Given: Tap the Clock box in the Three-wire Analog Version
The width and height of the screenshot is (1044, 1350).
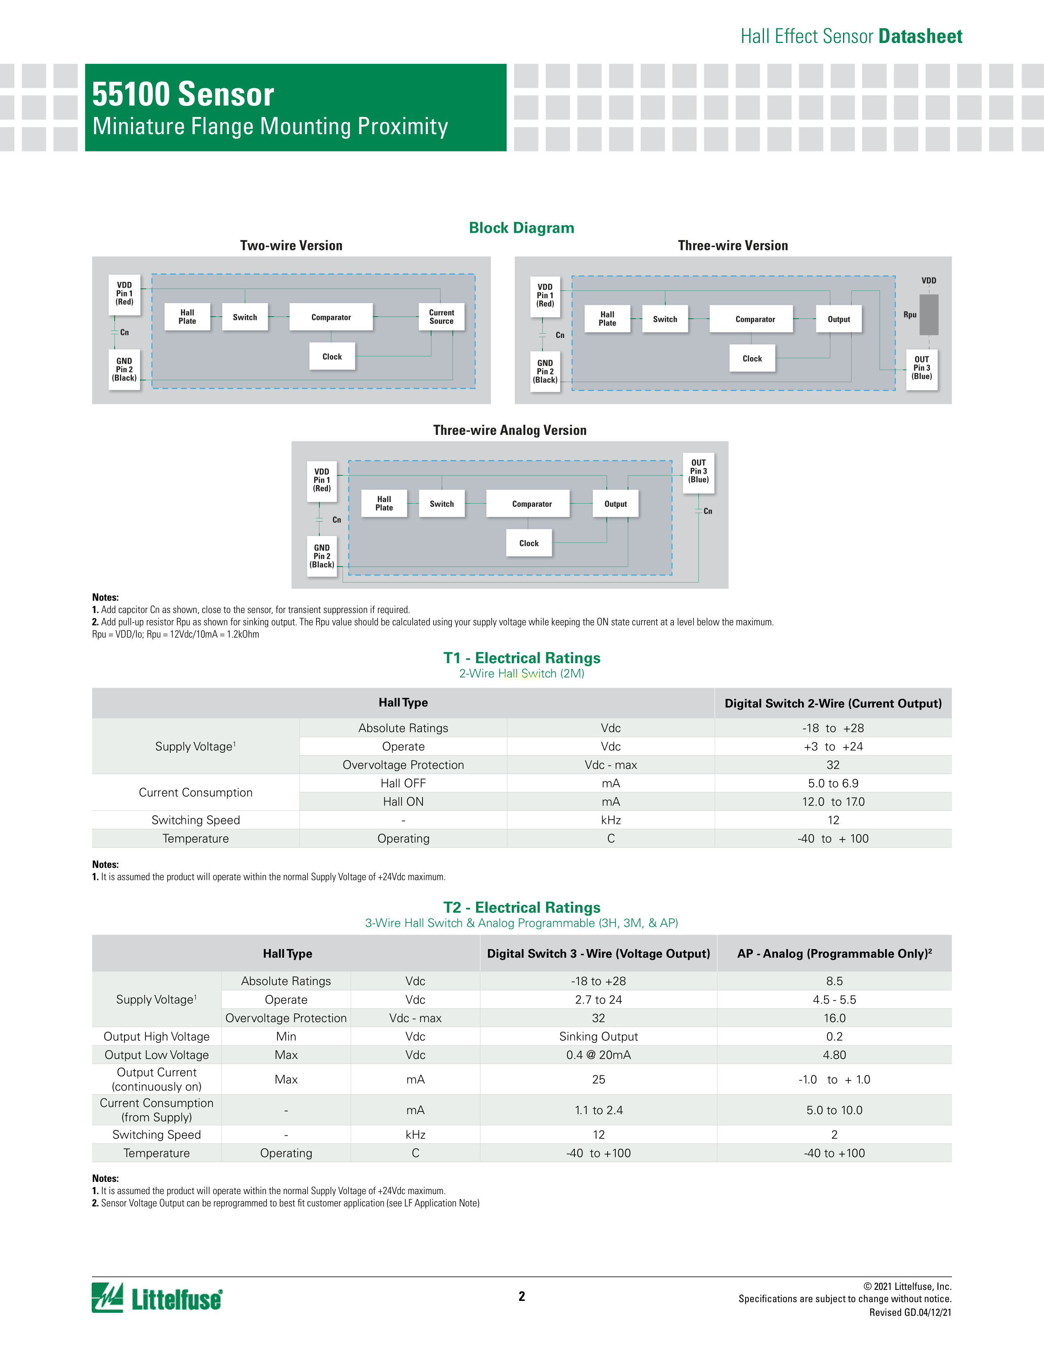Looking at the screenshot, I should click(x=529, y=543).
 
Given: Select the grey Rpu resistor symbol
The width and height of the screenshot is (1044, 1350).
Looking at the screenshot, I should click(x=929, y=315).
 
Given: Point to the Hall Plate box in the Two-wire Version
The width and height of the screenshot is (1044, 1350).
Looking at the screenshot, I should click(x=188, y=317).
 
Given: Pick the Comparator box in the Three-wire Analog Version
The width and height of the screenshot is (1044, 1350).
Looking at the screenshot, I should click(x=531, y=504).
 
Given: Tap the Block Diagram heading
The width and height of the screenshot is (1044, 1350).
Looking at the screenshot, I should click(x=521, y=228).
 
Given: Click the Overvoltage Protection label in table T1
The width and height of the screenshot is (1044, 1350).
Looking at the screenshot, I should click(x=403, y=765).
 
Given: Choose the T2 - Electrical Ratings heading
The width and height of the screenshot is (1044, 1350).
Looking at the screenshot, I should click(x=521, y=907).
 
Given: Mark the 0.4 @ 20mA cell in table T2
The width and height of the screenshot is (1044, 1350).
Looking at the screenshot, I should click(x=598, y=1055).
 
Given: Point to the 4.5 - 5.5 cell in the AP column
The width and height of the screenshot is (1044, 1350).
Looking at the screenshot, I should click(x=834, y=999).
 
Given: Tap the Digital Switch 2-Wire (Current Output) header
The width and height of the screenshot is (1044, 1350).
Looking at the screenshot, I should click(x=832, y=704).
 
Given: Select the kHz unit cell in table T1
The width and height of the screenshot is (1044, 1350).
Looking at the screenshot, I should click(x=610, y=820).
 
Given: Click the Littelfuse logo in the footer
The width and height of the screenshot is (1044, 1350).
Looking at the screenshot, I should click(x=157, y=1298).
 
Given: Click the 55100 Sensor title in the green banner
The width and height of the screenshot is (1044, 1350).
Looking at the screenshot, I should click(x=183, y=94).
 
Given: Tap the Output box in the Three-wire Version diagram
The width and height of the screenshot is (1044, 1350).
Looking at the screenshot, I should click(x=838, y=319).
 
